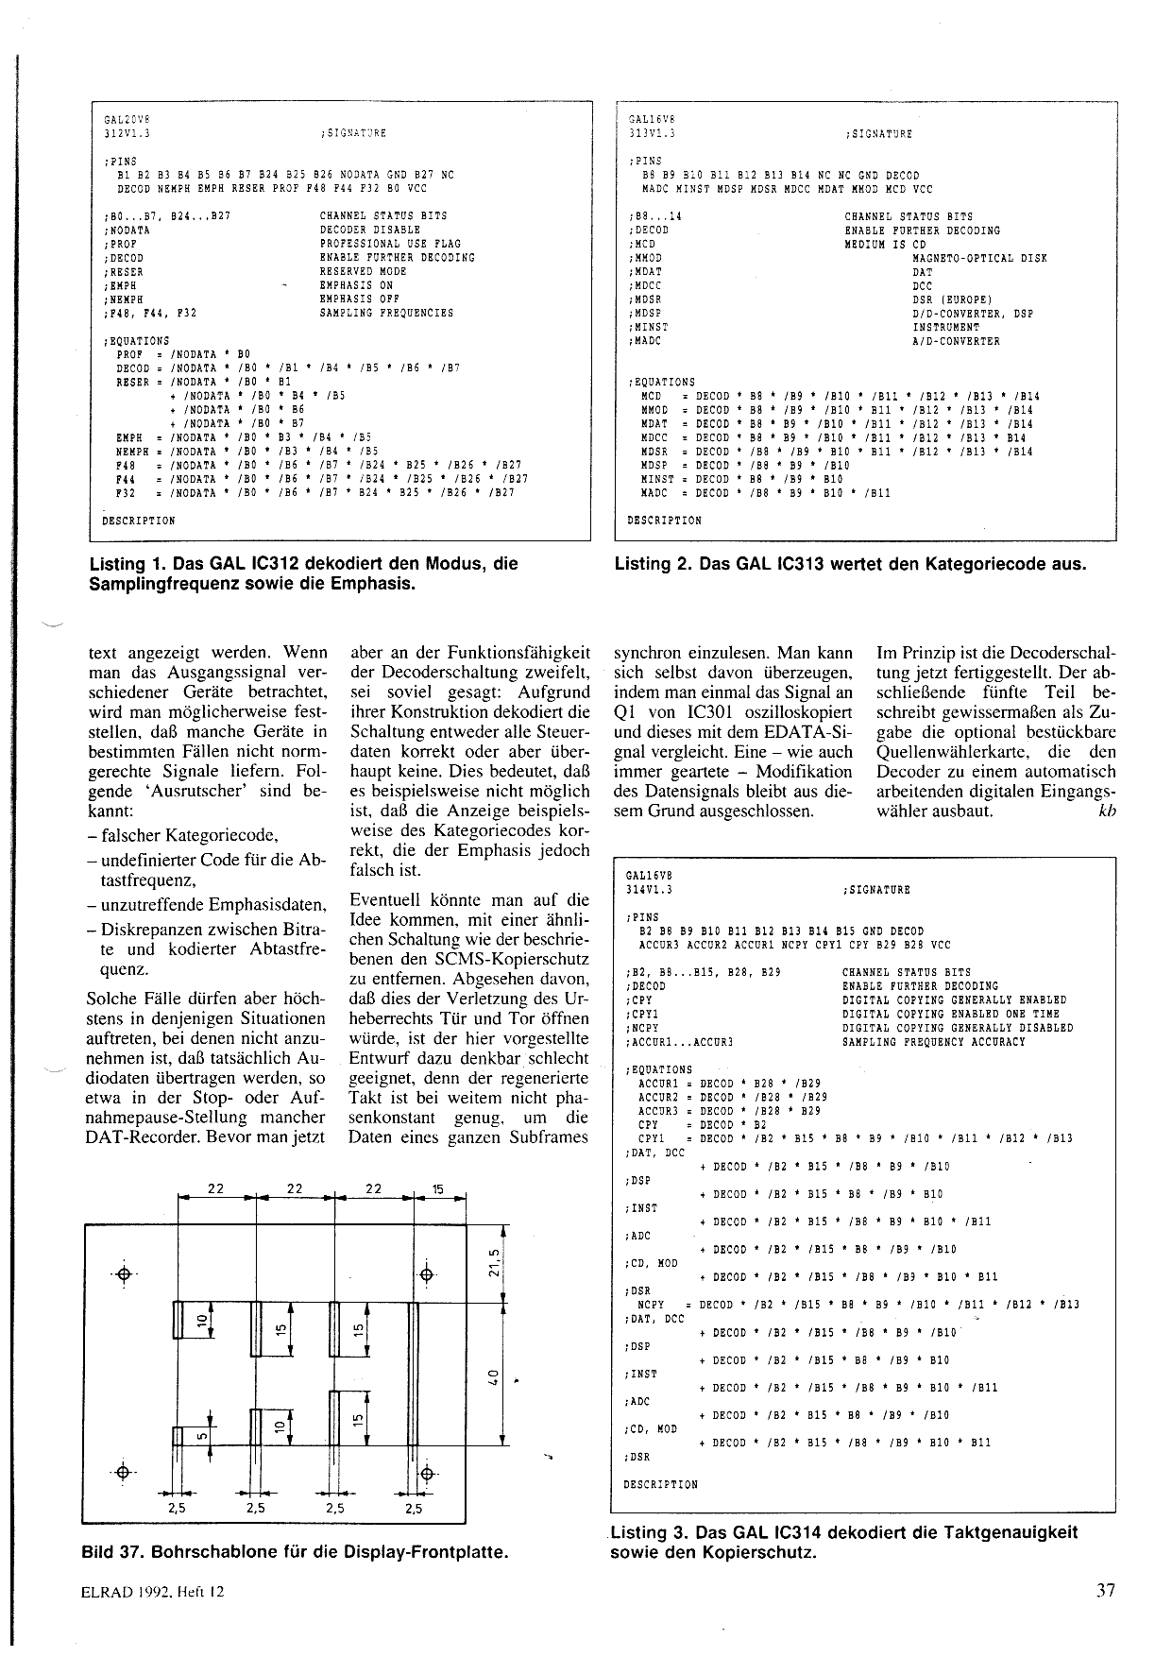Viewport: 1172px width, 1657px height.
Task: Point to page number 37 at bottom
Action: [1106, 1590]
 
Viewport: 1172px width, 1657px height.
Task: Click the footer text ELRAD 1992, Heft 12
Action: [153, 1592]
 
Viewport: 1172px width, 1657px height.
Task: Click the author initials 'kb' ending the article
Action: [1107, 811]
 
